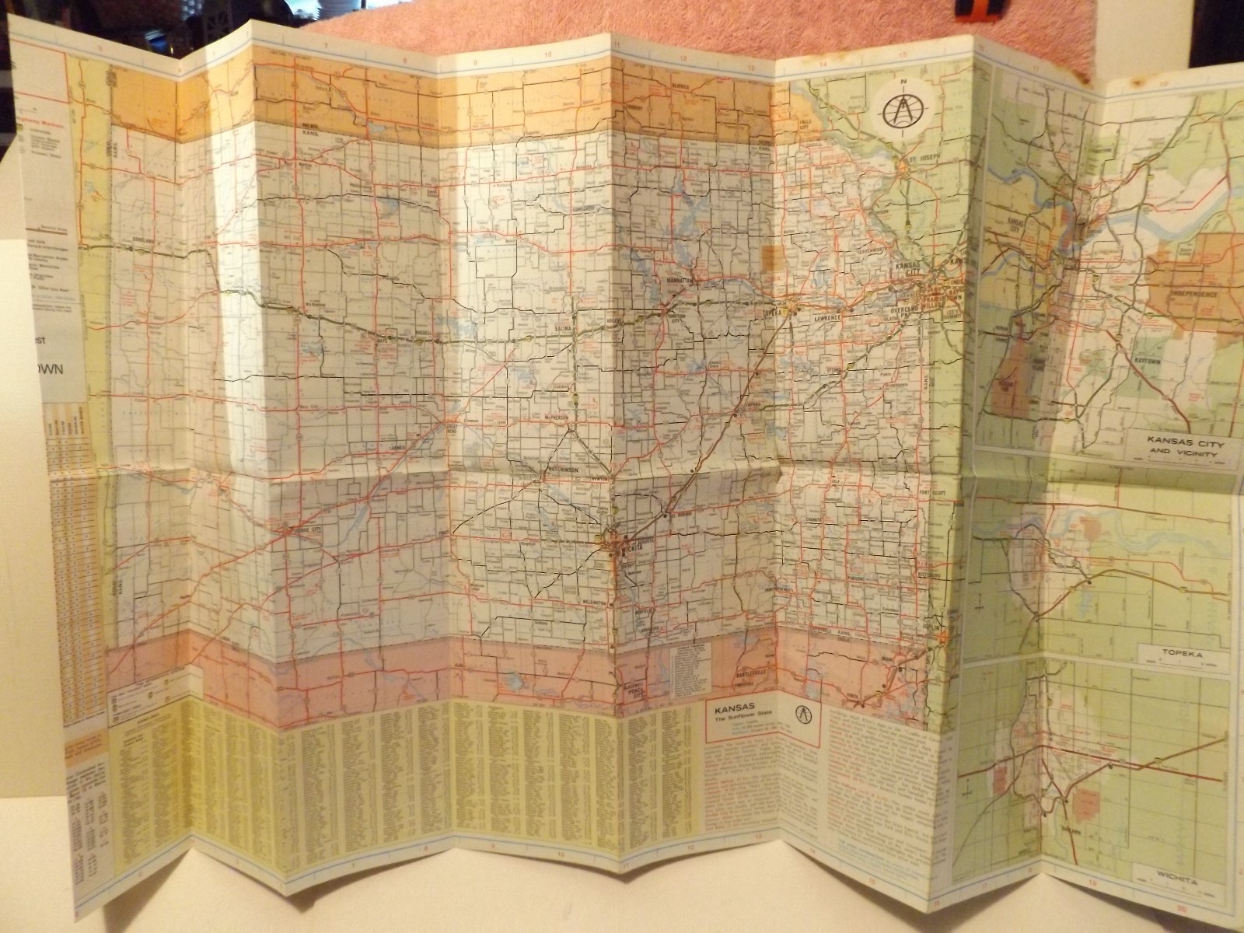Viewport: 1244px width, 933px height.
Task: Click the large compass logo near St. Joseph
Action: point(900,112)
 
